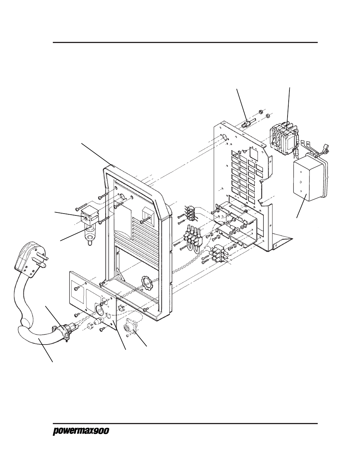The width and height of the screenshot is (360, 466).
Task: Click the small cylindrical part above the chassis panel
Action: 246,123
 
